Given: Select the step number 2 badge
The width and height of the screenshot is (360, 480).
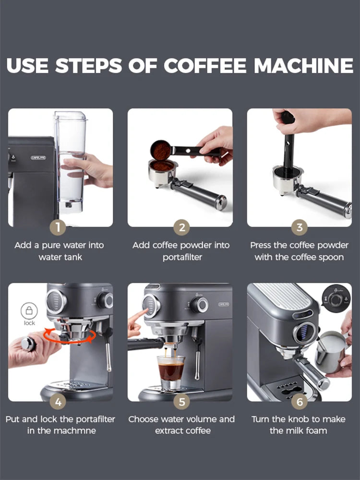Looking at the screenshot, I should pyautogui.click(x=181, y=228).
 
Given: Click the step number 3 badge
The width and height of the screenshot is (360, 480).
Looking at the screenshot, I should pyautogui.click(x=299, y=228).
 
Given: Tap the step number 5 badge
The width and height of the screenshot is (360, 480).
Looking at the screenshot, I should pyautogui.click(x=181, y=401).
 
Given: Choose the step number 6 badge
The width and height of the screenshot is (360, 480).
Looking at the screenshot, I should pyautogui.click(x=299, y=401).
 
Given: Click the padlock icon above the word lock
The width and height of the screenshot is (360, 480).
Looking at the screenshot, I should pyautogui.click(x=29, y=311).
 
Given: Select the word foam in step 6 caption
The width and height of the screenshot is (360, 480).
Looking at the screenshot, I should pyautogui.click(x=316, y=431).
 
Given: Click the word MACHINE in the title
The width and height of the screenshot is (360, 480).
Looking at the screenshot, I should pyautogui.click(x=303, y=66).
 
